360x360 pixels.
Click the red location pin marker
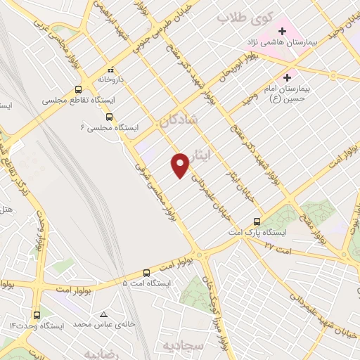point(181,165)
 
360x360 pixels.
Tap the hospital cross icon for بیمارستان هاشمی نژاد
point(283,32)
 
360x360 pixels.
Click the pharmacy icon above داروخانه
point(110,69)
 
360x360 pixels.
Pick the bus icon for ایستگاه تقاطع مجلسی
point(77,89)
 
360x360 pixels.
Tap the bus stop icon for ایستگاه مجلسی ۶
point(109,117)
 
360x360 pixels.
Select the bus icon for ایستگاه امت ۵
point(146,272)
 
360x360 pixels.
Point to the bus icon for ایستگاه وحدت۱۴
point(37,315)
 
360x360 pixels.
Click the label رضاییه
point(99,352)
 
